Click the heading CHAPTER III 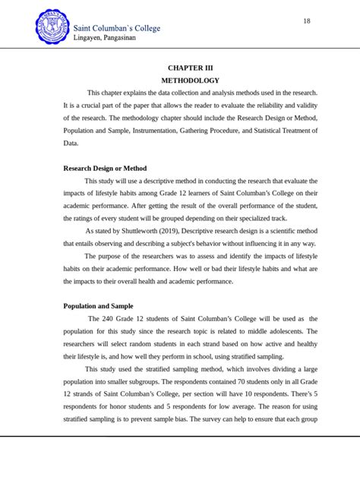(190, 68)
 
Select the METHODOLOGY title (190, 80)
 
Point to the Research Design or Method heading (105, 168)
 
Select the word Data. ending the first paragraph (71, 142)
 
